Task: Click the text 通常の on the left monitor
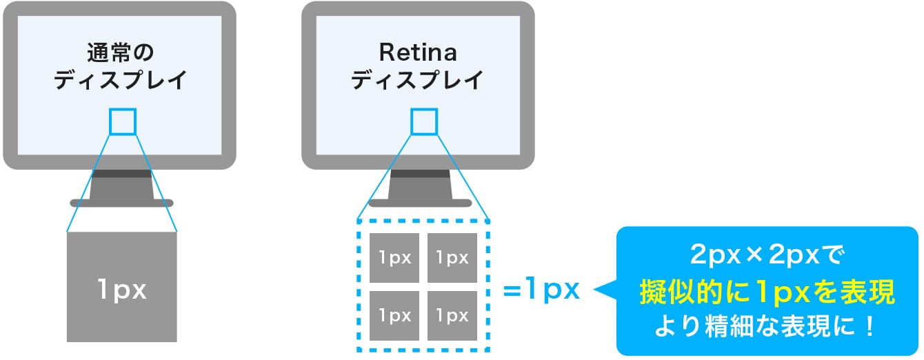tap(121, 52)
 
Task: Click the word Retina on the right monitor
tap(419, 52)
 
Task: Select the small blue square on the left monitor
tap(123, 121)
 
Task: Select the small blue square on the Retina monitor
tap(423, 121)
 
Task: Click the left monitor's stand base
tap(121, 203)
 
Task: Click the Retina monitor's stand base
tap(420, 203)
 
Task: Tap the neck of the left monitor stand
tap(121, 184)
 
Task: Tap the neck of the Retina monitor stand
tap(420, 184)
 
